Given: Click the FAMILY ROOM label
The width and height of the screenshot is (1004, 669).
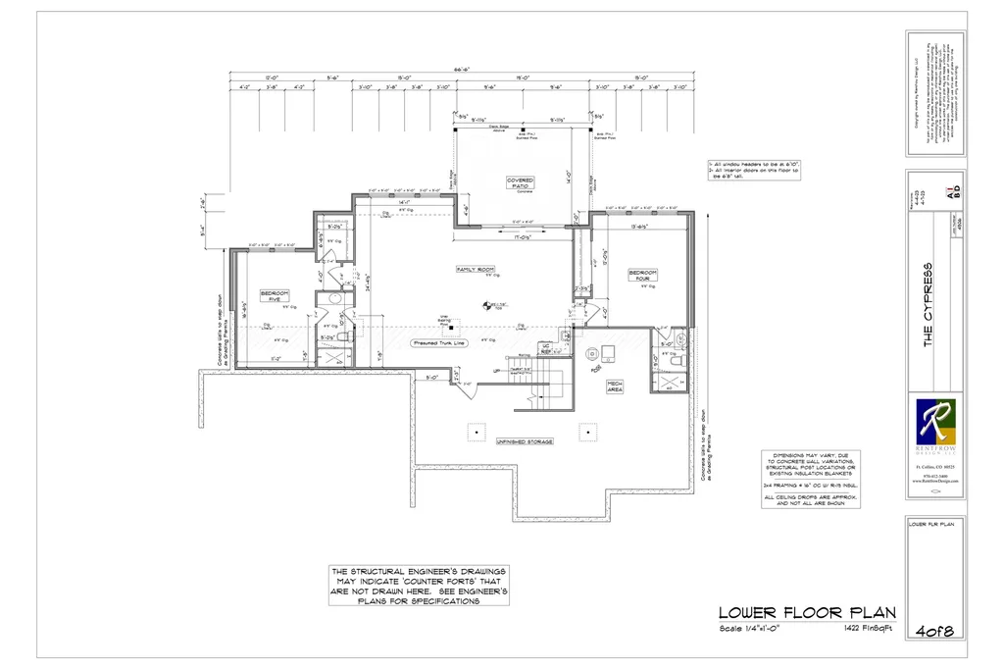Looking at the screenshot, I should tap(476, 269).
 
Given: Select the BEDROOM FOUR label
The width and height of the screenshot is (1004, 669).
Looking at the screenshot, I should tap(643, 275).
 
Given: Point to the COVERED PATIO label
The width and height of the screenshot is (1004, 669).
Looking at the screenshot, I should tap(520, 183).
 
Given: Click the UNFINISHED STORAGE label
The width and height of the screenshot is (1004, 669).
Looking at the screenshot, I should tap(525, 441).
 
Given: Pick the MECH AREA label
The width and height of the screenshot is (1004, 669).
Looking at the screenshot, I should tap(615, 385).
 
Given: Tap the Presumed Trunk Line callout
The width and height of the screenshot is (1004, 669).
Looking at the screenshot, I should tap(438, 343).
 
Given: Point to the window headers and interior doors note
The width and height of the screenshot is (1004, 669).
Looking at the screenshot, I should tap(756, 169).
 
